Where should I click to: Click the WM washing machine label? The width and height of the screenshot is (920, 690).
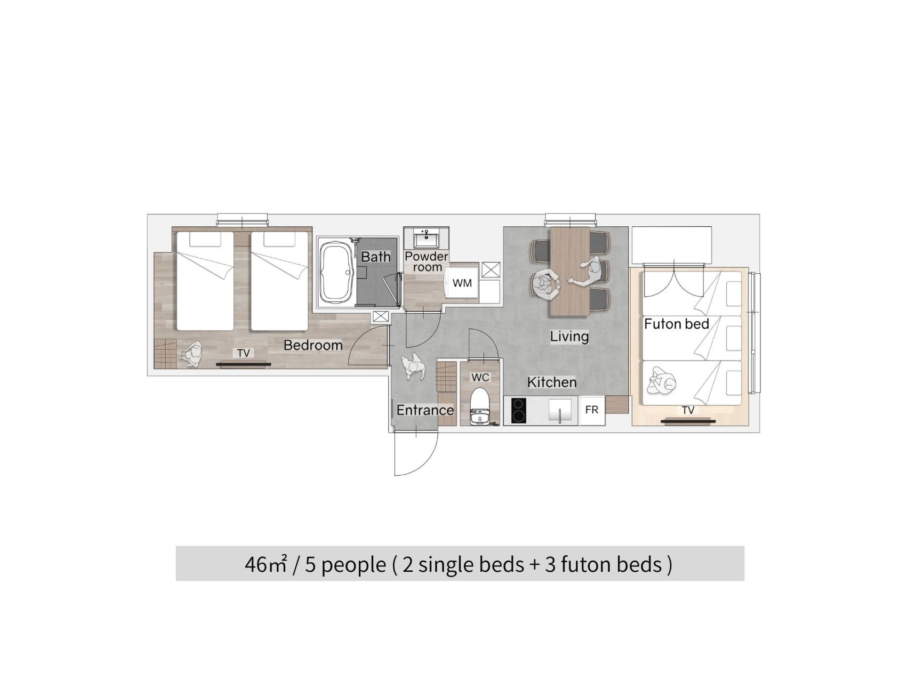pos(462,283)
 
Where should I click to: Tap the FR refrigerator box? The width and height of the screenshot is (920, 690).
pos(592,410)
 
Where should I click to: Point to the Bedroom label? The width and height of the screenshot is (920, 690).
pos(313,345)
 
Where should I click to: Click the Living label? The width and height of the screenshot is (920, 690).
pos(569,336)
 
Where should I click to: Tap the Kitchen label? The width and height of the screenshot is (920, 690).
pos(552,382)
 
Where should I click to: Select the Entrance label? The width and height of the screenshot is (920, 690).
pos(425,410)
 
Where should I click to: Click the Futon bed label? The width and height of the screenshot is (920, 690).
pos(677,324)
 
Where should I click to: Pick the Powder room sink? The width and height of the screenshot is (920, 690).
pos(426,240)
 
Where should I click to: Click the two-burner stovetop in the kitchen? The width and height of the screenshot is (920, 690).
pos(518,410)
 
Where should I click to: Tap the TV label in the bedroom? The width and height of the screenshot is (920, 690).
pos(243,353)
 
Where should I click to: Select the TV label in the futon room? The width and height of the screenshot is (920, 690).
pos(688,410)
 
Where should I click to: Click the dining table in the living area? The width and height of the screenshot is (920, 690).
pos(570,271)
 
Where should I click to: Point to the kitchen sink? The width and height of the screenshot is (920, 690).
pos(560,410)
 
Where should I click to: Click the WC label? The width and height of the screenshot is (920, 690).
pos(480,377)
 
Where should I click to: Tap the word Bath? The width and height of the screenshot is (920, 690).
pos(375,257)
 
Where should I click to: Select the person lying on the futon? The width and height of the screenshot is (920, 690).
pos(661,381)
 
